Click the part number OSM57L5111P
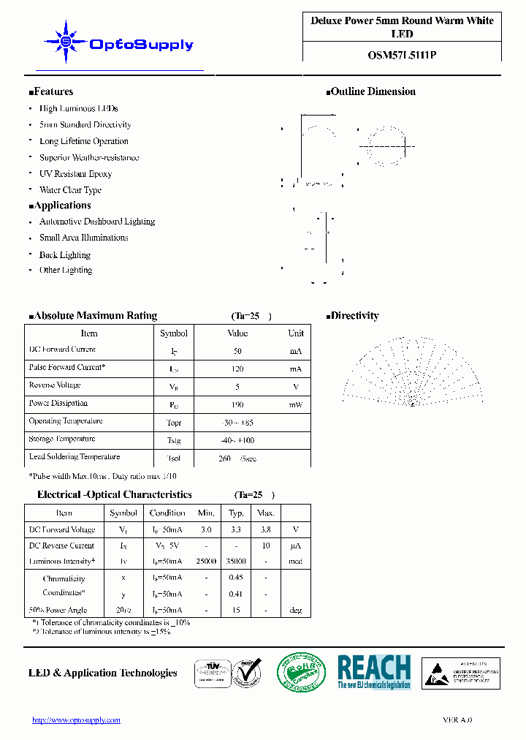pos(402,54)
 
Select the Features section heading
pos(51,91)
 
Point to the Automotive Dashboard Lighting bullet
pos(96,222)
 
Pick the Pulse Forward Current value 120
pos(237,369)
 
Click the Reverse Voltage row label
pos(55,385)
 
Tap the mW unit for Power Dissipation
pos(295,405)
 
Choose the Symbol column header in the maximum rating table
pos(174,333)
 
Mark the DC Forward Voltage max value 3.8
pos(266,529)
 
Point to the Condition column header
pos(167,513)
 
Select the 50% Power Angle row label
pos(58,610)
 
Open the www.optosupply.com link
pos(76,720)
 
